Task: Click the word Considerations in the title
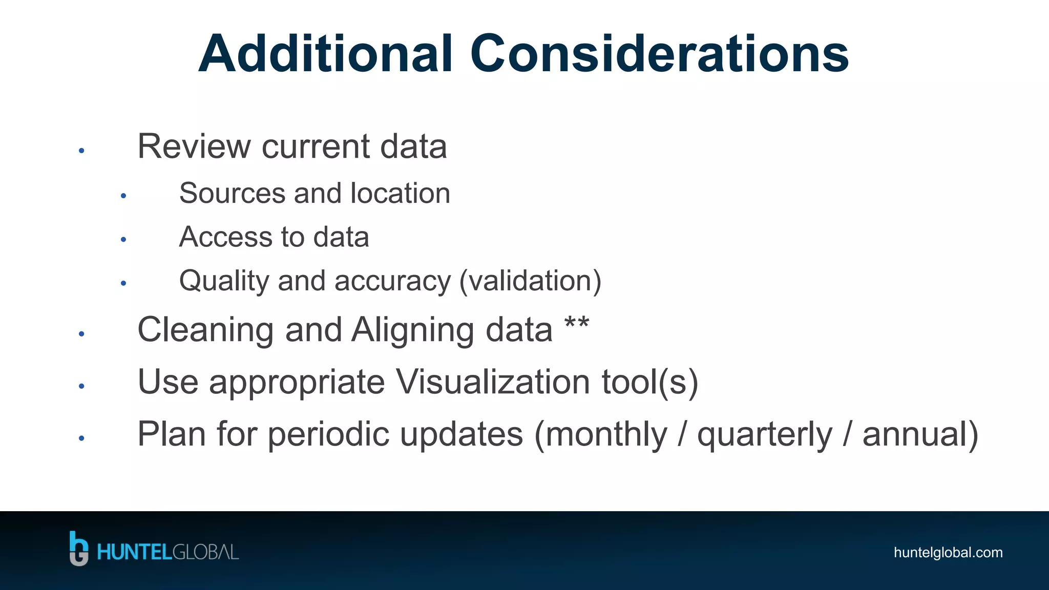pos(659,54)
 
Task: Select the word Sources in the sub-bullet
pos(232,194)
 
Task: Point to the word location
pos(400,194)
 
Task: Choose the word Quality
pos(224,281)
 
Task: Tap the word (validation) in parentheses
pos(530,281)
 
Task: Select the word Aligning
pos(413,330)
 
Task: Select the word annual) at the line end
pos(920,434)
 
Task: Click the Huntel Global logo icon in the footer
pos(78,549)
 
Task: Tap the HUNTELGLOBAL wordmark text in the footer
pos(168,553)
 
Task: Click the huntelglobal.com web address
pos(948,553)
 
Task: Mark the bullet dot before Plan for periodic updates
pos(81,438)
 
